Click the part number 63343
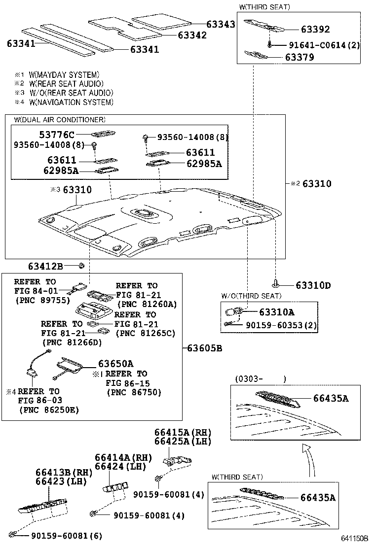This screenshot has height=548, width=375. click(220, 24)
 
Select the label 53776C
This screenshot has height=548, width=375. click(57, 135)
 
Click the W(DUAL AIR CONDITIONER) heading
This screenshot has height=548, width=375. click(60, 120)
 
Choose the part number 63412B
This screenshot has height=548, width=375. click(45, 267)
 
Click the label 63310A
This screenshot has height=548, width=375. click(277, 312)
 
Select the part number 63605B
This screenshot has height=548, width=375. click(204, 348)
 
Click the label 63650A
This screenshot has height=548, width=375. click(115, 364)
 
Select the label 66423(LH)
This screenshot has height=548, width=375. click(57, 481)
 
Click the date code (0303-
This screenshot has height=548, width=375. click(252, 379)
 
